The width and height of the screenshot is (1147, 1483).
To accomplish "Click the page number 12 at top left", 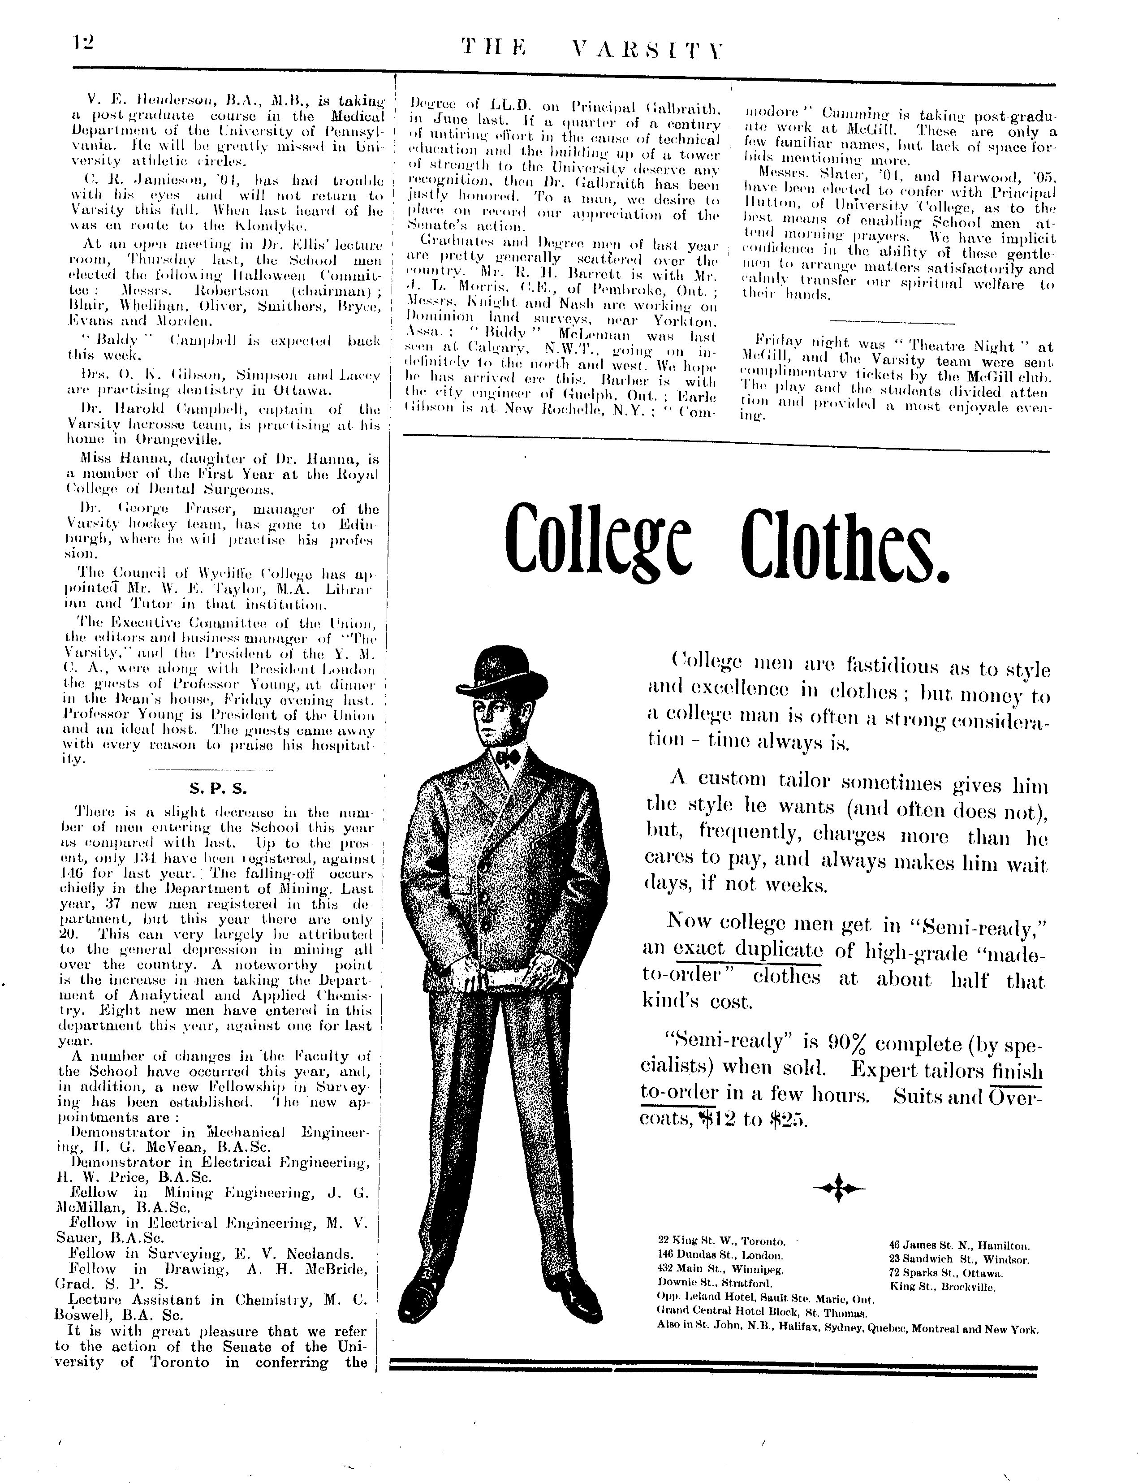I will click(x=84, y=43).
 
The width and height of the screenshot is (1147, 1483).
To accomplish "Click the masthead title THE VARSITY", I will click(x=592, y=49).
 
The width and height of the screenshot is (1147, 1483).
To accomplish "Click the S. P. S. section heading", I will click(x=218, y=789).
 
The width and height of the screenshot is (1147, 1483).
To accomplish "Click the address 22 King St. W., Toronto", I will click(x=721, y=1241).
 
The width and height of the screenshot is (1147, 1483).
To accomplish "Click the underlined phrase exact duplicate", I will click(x=748, y=949).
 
